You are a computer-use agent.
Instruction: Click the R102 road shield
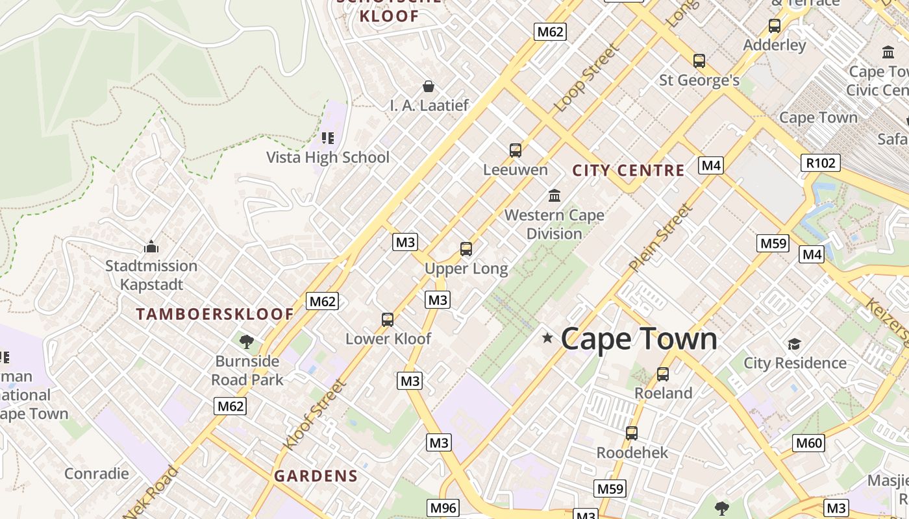point(820,162)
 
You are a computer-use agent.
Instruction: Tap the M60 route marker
point(809,443)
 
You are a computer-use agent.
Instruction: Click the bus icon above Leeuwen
point(516,151)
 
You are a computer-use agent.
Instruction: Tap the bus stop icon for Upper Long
point(466,249)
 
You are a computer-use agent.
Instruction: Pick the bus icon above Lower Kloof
point(388,320)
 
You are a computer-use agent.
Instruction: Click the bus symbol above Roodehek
point(632,433)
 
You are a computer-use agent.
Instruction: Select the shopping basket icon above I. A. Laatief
point(429,86)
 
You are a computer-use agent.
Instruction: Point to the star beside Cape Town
point(547,338)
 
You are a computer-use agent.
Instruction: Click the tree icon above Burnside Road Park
point(246,342)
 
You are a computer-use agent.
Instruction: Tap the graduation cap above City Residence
point(794,344)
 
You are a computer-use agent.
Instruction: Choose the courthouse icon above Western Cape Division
point(554,195)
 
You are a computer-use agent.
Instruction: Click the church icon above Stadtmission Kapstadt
point(151,247)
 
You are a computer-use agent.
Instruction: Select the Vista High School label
point(328,157)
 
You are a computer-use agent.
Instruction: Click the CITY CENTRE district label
point(629,171)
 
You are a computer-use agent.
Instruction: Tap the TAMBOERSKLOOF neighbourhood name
point(215,314)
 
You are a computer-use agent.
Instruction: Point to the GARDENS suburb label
point(316,476)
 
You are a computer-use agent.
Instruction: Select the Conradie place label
point(97,474)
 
